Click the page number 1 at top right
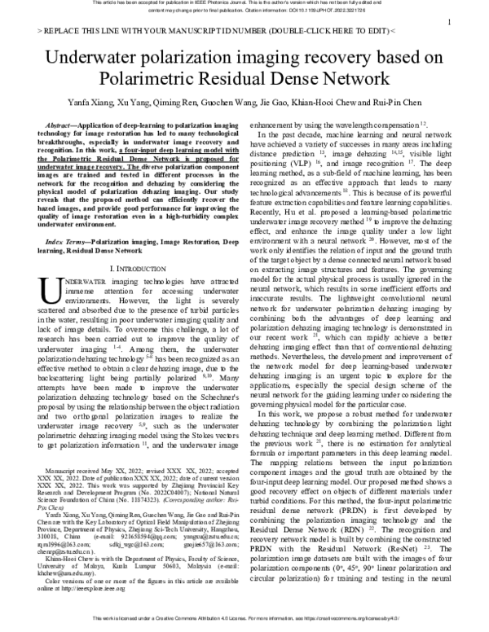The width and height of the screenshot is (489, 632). [451, 22]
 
